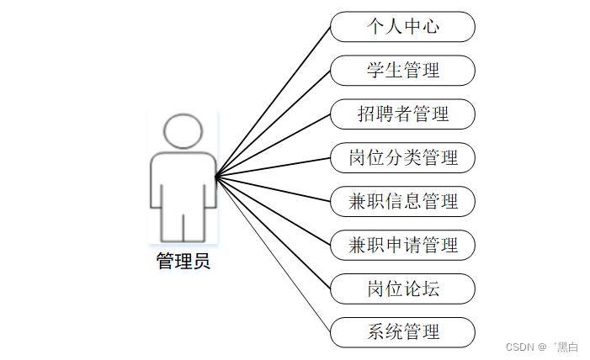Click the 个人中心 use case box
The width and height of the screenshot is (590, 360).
click(x=402, y=26)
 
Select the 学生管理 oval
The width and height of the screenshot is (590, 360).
click(x=402, y=70)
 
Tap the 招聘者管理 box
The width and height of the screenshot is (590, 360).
click(x=402, y=114)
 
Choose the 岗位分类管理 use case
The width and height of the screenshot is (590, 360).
click(x=402, y=157)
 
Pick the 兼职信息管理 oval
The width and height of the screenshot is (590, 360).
click(x=402, y=201)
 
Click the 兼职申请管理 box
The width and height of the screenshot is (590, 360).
click(x=402, y=245)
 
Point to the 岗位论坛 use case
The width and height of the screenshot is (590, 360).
click(x=402, y=289)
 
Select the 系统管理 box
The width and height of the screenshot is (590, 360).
click(x=402, y=332)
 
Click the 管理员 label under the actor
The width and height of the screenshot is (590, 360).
click(x=183, y=261)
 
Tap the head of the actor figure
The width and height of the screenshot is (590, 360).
click(x=183, y=132)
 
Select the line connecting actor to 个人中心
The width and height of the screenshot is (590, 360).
click(x=274, y=101)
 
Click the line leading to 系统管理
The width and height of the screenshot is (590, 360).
click(x=274, y=255)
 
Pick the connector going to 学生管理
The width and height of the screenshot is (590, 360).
click(x=274, y=123)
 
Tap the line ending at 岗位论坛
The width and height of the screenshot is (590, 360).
click(x=274, y=233)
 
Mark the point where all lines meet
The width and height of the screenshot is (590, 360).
click(x=216, y=177)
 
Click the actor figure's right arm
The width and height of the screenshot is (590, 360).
click(x=210, y=181)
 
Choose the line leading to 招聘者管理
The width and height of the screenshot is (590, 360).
click(x=274, y=145)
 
